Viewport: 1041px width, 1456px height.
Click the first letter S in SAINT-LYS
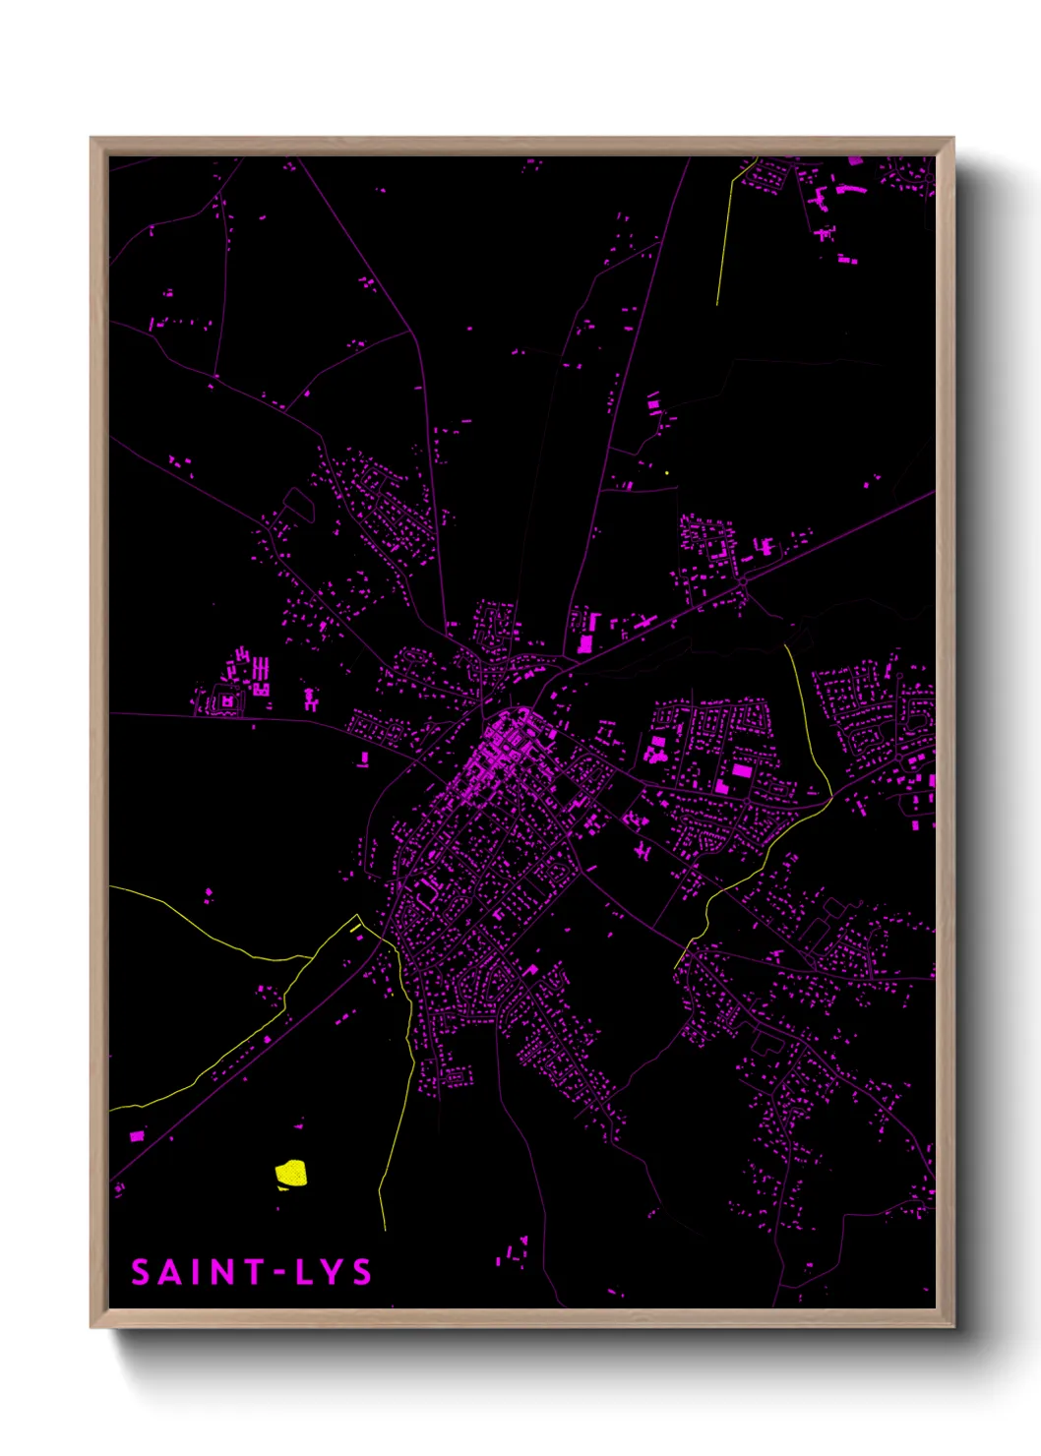[x=140, y=1272]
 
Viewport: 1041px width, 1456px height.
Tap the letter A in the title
[x=168, y=1272]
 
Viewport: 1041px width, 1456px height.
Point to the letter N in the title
[x=218, y=1272]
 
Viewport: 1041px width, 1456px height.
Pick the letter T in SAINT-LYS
[x=250, y=1272]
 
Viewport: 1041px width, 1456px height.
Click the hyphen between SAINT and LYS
[x=279, y=1273]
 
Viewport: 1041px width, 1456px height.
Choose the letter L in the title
[x=305, y=1272]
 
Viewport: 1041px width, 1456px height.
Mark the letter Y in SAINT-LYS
[x=333, y=1272]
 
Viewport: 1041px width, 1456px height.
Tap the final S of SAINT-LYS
[x=362, y=1272]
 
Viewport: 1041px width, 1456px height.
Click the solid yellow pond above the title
[x=290, y=1173]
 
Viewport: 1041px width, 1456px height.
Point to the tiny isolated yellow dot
[x=667, y=473]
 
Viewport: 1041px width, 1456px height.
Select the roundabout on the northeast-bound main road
[x=742, y=582]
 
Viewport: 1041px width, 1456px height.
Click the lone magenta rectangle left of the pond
[x=137, y=1136]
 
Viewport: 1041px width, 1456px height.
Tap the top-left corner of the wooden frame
[x=92, y=140]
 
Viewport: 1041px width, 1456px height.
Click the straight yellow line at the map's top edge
[x=726, y=236]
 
